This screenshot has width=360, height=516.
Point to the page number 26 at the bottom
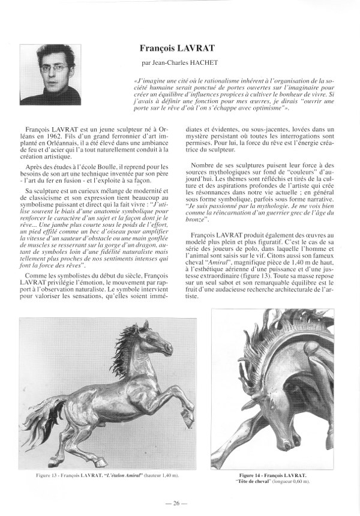[x=180, y=503]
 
